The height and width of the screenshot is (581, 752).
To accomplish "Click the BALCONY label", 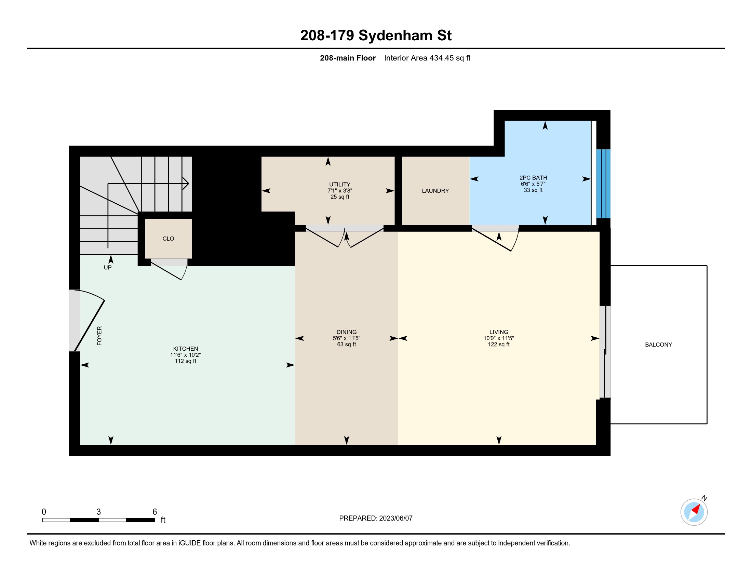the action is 658,344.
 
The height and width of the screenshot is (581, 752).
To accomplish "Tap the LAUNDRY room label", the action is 435,191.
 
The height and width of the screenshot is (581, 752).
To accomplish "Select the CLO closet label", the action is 168,239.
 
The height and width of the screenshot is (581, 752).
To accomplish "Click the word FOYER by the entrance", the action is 99,336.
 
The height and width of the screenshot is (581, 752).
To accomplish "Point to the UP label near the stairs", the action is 107,268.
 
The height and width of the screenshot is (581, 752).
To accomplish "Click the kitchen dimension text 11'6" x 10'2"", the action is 185,355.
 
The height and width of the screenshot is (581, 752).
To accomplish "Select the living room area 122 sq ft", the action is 499,344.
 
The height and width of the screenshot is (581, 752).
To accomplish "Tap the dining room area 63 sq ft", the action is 346,344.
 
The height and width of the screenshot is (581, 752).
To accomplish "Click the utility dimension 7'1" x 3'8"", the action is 340,191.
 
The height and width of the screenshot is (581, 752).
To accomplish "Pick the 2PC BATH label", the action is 533,178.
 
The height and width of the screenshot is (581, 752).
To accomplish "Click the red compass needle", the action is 696,509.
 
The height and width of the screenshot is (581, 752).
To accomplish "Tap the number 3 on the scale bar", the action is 98,512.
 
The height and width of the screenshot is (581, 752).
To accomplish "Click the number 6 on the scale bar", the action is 155,512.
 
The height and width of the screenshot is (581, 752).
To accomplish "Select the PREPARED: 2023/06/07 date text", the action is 376,518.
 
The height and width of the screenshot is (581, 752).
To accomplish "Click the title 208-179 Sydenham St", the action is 376,36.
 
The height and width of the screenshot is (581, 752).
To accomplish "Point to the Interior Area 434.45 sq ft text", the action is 427,58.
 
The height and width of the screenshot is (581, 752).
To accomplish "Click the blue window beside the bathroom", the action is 603,184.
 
